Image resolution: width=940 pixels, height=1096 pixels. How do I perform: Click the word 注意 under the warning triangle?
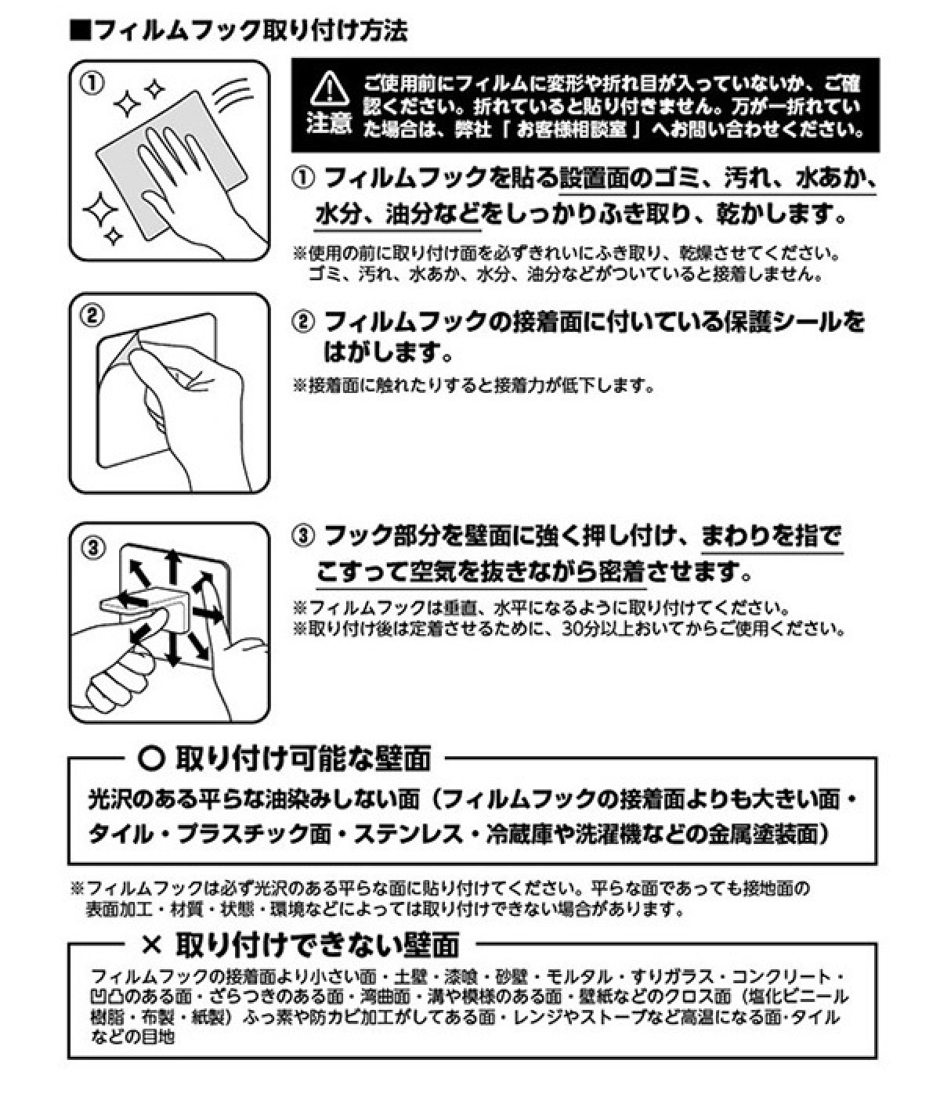pos(329,124)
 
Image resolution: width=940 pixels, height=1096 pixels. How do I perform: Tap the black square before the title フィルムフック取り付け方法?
pos(81,31)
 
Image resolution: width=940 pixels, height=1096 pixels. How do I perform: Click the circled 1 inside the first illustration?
pos(92,84)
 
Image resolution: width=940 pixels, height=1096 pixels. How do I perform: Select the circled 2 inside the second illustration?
pos(92,316)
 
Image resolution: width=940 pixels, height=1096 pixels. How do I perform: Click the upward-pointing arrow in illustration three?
pos(172,568)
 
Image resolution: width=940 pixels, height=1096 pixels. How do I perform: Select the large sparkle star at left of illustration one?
pos(100,209)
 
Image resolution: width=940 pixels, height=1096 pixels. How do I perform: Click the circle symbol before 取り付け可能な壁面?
pos(152,759)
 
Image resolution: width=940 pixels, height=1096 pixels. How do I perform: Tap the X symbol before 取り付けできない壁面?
pos(152,945)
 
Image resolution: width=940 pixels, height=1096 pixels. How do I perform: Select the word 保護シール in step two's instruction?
pos(782,322)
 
